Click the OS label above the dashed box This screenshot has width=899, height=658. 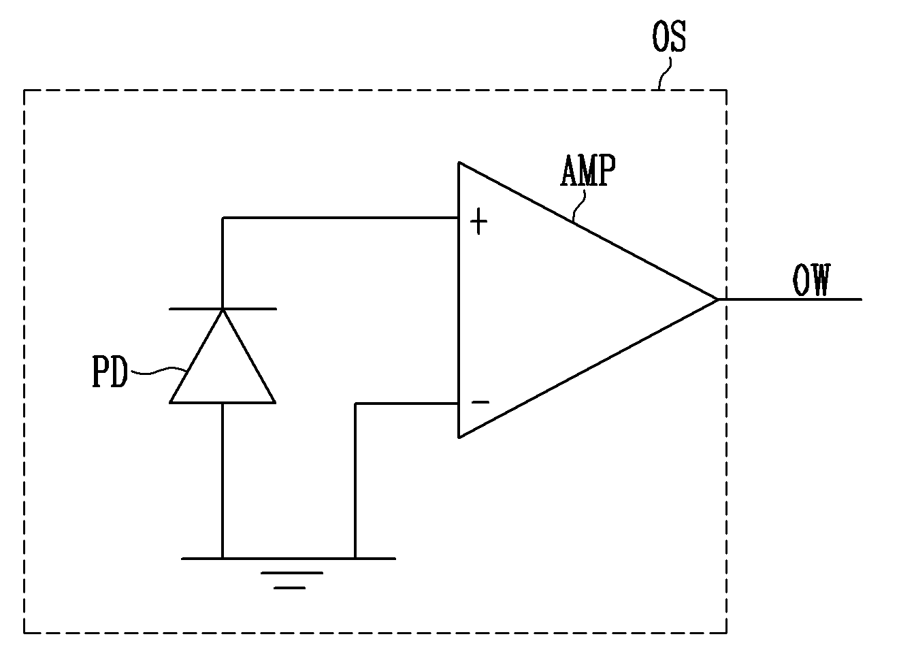669,37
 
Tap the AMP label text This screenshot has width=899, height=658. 587,170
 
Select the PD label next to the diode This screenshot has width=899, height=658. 110,372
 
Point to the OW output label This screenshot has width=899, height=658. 811,280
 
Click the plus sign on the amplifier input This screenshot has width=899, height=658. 479,221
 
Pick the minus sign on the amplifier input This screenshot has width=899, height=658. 480,401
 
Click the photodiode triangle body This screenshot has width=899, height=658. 223,357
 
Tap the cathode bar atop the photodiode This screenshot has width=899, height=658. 223,309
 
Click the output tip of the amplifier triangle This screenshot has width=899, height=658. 717,299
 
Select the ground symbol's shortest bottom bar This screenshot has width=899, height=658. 289,588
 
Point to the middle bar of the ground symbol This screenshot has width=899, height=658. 292,573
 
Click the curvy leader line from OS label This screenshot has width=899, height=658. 665,73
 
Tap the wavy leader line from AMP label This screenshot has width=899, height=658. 578,205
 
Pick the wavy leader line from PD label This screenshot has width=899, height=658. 159,371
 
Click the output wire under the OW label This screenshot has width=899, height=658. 790,299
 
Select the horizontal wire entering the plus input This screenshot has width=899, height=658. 341,218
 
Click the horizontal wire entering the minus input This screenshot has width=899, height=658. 407,404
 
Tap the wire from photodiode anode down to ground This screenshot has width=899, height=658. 223,481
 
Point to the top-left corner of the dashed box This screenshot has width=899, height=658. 24,91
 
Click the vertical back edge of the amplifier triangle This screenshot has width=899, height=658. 459,300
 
